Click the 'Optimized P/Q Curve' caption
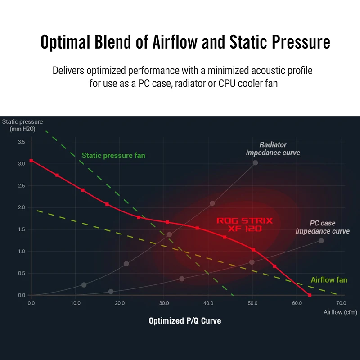click(x=185, y=321)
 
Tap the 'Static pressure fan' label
click(x=113, y=156)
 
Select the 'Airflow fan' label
click(x=329, y=280)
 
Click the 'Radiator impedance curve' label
click(x=273, y=149)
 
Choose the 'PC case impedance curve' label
click(x=323, y=227)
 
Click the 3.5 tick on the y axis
click(x=21, y=142)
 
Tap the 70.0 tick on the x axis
click(x=341, y=303)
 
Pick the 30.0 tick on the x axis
click(x=164, y=303)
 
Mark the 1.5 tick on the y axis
click(x=21, y=229)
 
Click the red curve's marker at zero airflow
click(x=31, y=161)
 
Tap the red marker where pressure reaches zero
click(x=310, y=295)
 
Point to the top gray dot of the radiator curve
click(x=255, y=162)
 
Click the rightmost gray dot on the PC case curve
click(x=321, y=241)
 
